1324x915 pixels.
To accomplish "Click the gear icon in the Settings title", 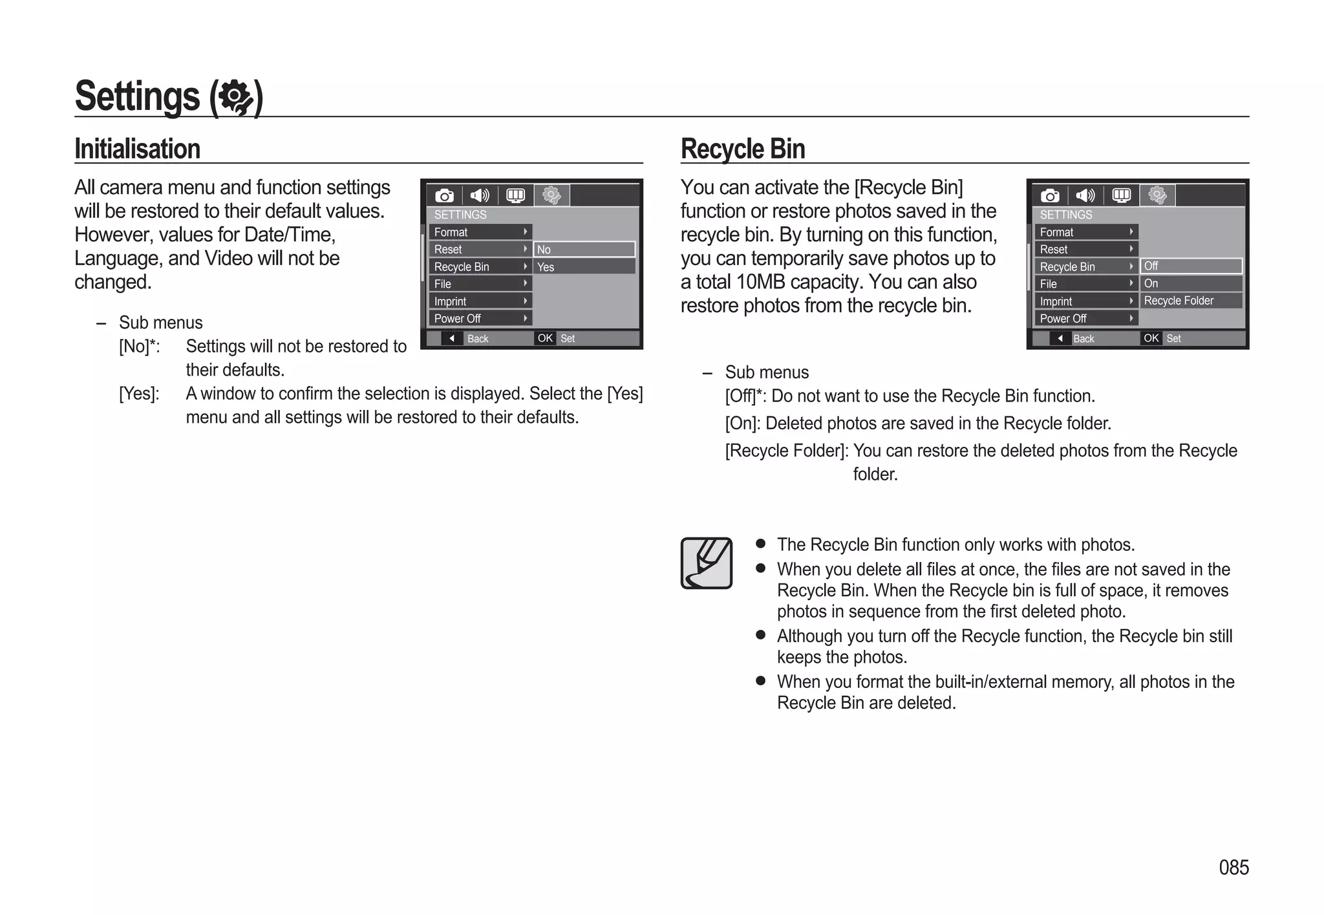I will click(235, 98).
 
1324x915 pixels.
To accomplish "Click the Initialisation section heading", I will click(137, 149).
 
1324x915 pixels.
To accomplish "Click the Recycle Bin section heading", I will click(742, 149).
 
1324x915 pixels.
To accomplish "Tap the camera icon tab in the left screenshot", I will click(444, 195).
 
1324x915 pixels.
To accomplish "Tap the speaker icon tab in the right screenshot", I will click(1085, 195).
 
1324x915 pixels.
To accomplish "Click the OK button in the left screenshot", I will click(545, 338).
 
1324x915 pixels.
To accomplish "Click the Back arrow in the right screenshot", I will click(1060, 338).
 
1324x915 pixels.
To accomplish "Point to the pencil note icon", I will click(706, 563).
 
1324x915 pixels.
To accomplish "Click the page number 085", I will click(1233, 867).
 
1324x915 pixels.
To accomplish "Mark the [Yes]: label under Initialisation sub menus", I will click(139, 394).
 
